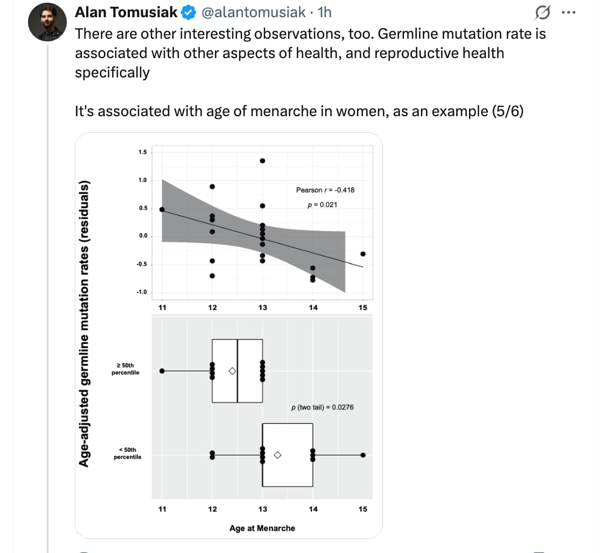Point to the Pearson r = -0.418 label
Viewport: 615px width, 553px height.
coord(325,190)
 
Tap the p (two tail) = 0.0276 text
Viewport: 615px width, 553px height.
coord(322,407)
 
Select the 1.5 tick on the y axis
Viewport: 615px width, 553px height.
coord(142,152)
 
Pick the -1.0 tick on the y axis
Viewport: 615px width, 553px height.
coord(141,292)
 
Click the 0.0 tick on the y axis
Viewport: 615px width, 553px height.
coord(142,236)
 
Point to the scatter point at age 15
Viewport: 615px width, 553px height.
coord(363,254)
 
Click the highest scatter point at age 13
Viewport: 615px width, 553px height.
coord(262,161)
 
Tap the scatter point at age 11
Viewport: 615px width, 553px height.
coord(162,209)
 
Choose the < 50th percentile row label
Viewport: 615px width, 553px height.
coord(127,453)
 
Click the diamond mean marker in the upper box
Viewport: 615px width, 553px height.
coord(232,371)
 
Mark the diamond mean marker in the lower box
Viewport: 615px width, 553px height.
coord(277,455)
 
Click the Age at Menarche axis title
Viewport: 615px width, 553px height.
coord(262,528)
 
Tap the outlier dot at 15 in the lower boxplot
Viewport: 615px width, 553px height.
coord(363,455)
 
